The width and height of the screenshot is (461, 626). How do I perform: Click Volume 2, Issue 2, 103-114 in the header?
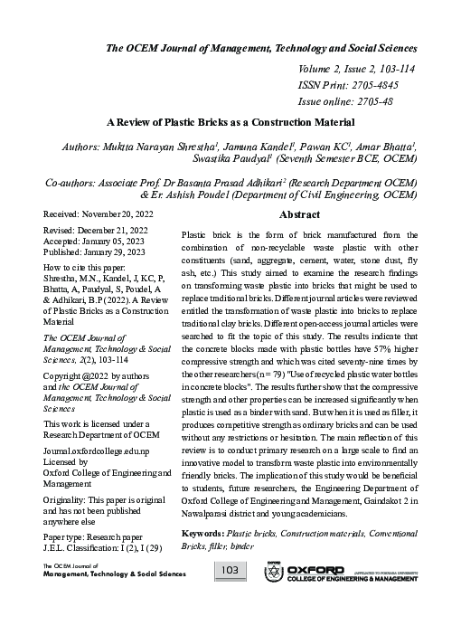358,68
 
